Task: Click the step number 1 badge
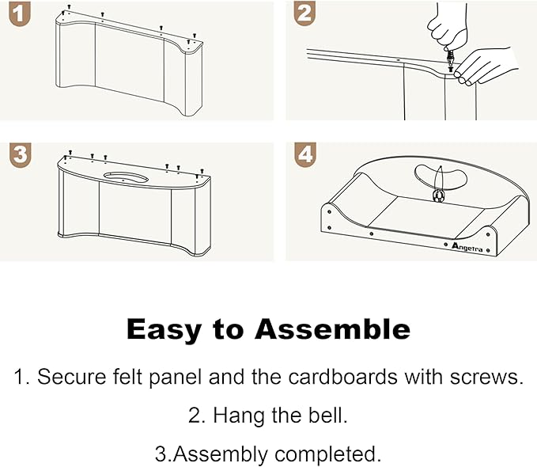[x=20, y=13]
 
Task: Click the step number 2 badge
[x=304, y=13]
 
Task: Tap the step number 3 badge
[x=21, y=155]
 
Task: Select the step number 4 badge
[x=305, y=155]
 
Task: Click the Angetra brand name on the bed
[x=467, y=247]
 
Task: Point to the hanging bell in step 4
[x=438, y=196]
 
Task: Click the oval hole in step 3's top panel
[x=126, y=177]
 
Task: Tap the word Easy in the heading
[x=164, y=330]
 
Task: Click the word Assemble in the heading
[x=332, y=329]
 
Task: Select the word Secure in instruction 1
[x=72, y=377]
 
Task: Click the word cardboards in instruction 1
[x=342, y=377]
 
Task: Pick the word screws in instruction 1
[x=486, y=378]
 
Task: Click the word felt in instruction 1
[x=127, y=377]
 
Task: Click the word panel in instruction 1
[x=175, y=378]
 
